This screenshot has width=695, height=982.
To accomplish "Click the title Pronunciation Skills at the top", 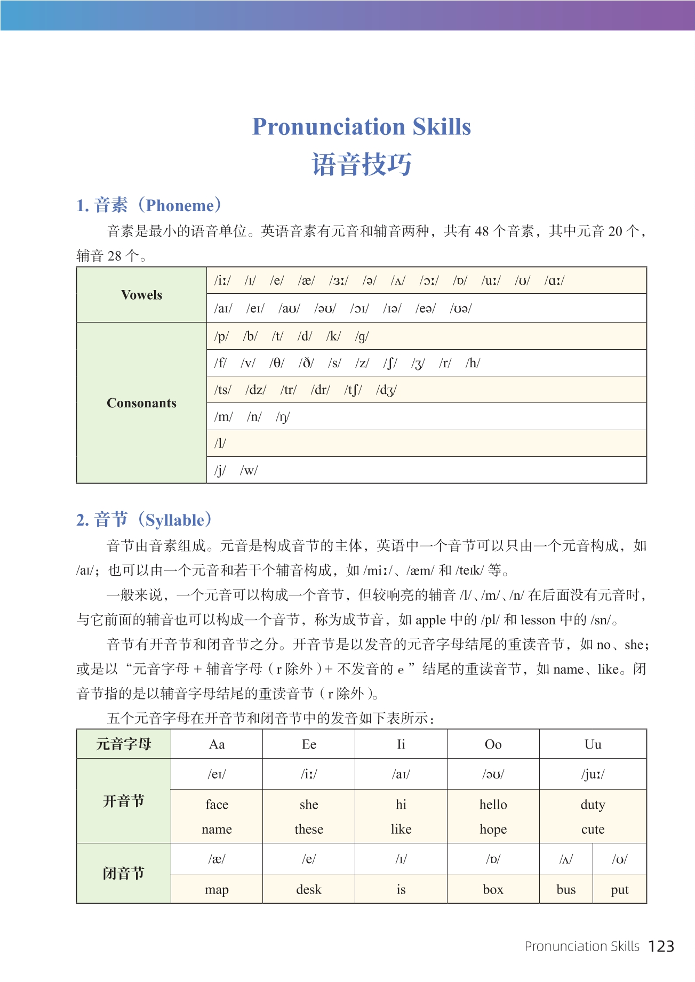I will click(361, 127).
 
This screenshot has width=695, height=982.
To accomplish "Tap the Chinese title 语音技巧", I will click(361, 164).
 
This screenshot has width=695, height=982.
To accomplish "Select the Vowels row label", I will click(141, 295).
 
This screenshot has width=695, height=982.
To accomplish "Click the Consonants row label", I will click(141, 403).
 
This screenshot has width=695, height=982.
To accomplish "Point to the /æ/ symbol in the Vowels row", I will click(306, 280).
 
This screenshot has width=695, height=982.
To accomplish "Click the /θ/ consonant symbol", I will click(277, 363).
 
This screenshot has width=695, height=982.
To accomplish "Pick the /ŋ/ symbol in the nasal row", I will click(283, 417).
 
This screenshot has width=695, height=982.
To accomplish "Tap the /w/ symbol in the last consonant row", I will click(249, 470).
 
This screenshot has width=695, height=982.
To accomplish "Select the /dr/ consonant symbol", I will click(320, 390).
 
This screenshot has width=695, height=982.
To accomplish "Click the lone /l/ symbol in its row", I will click(220, 444).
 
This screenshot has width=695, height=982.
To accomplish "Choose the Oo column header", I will click(493, 744).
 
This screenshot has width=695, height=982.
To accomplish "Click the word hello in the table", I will click(493, 804).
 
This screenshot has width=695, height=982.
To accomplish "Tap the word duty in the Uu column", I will click(593, 804).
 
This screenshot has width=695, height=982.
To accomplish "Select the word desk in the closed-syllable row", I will click(309, 889).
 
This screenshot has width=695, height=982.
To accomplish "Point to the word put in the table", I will click(620, 889).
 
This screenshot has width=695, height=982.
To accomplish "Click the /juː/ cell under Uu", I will click(593, 774).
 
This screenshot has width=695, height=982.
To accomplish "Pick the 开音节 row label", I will click(123, 801).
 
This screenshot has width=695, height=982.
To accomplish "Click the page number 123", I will click(661, 946).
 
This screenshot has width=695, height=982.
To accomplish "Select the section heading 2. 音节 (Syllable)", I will click(144, 520).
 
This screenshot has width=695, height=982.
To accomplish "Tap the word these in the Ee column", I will click(309, 829).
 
